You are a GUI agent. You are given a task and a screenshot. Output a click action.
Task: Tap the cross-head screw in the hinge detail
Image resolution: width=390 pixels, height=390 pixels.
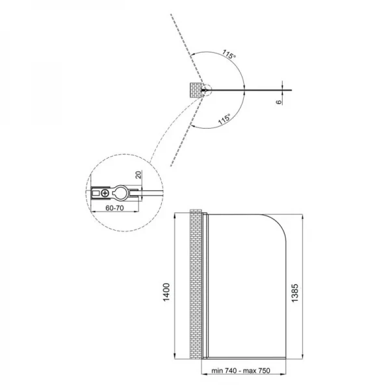[105, 193]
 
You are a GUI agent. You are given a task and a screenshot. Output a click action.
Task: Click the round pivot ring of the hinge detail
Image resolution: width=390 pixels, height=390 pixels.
[121, 193]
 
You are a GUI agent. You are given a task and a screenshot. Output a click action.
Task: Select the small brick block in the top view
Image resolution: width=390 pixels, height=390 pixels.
[194, 90]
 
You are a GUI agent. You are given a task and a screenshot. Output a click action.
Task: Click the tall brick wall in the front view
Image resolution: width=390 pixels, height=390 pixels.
[194, 286]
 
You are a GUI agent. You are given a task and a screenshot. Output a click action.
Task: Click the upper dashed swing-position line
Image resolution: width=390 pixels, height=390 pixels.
[185, 45]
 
